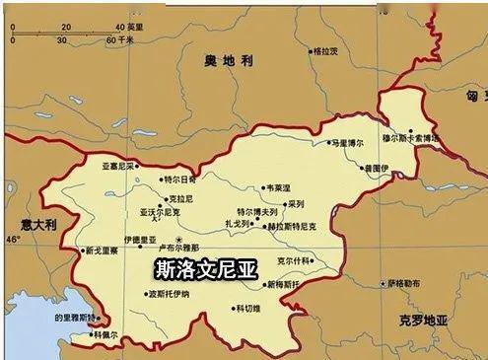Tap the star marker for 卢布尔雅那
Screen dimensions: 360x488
(178, 240)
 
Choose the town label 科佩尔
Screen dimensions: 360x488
(107, 334)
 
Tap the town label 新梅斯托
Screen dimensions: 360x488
(282, 284)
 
